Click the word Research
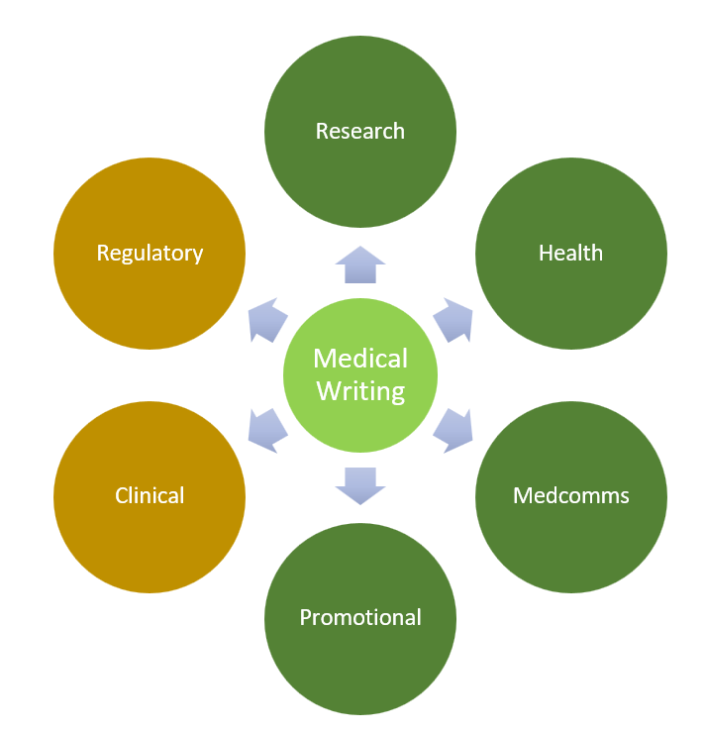pyautogui.click(x=359, y=131)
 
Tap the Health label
pyautogui.click(x=570, y=253)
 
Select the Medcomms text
pyautogui.click(x=570, y=495)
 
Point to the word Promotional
pyautogui.click(x=360, y=617)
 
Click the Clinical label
pyautogui.click(x=150, y=495)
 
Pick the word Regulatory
pyautogui.click(x=150, y=253)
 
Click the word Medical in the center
pyautogui.click(x=360, y=358)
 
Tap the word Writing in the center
pyautogui.click(x=360, y=390)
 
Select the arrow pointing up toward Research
pyautogui.click(x=360, y=265)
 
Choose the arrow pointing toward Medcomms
pyautogui.click(x=453, y=428)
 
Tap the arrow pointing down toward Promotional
pyautogui.click(x=360, y=484)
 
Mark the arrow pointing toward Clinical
pyautogui.click(x=267, y=428)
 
